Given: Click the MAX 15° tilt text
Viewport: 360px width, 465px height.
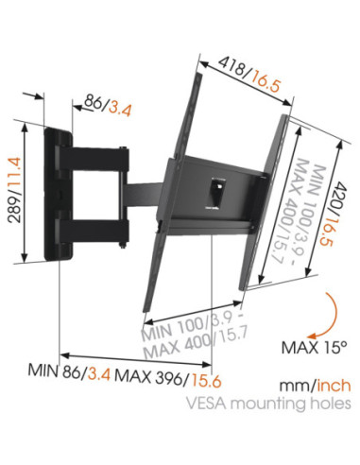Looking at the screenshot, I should (x=314, y=347).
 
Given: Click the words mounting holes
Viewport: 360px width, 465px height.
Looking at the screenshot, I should (x=293, y=405).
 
